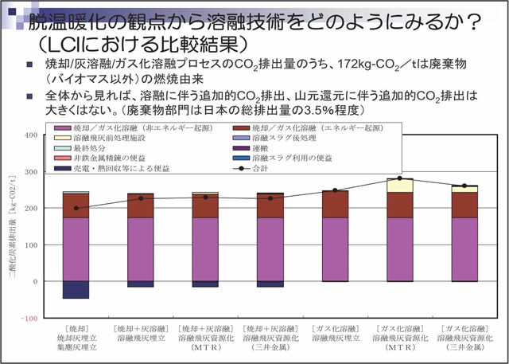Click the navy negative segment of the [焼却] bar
[76, 290]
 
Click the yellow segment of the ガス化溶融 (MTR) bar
[399, 186]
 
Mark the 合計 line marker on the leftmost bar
[76, 208]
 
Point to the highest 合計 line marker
[399, 178]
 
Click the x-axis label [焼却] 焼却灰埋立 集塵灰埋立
[76, 338]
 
